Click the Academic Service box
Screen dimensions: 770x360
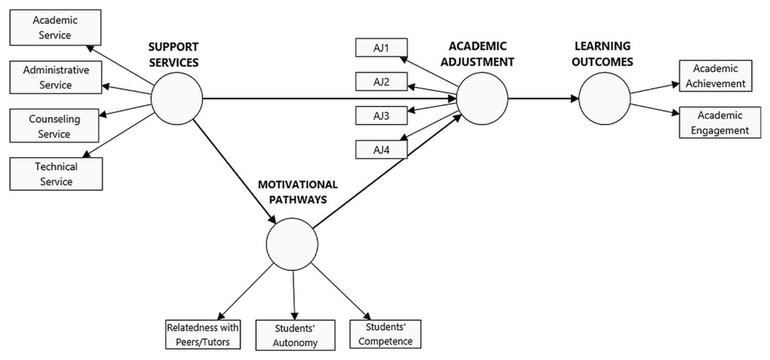[55, 28]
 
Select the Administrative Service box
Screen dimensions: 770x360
[56, 78]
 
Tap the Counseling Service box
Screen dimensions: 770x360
[55, 126]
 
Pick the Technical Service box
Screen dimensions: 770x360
[56, 174]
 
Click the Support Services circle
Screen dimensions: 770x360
[176, 99]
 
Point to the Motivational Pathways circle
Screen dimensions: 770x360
[292, 244]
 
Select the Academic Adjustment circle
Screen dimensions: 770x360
[482, 99]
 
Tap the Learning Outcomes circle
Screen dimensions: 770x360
[604, 99]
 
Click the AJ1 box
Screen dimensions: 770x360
[382, 47]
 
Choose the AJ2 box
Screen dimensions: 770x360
[382, 81]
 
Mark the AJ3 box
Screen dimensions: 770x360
[382, 116]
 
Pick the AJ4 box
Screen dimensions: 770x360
[382, 150]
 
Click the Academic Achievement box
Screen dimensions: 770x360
[715, 76]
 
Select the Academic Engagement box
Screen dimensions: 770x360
[720, 123]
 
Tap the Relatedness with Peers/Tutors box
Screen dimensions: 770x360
[203, 334]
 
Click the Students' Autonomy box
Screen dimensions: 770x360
[295, 335]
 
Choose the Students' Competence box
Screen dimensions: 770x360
[386, 334]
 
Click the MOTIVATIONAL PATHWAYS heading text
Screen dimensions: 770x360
[298, 192]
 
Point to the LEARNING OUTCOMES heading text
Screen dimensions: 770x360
[603, 54]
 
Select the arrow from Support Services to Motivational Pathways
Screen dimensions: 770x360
[234, 171]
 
